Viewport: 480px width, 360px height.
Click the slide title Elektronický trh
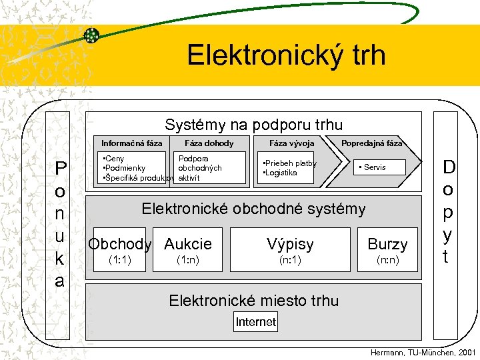pyautogui.click(x=286, y=55)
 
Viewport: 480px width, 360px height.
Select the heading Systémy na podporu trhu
pyautogui.click(x=253, y=125)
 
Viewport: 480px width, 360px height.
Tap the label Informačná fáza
pyautogui.click(x=131, y=143)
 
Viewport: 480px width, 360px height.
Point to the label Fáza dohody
pyautogui.click(x=209, y=143)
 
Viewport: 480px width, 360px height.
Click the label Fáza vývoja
pyautogui.click(x=291, y=143)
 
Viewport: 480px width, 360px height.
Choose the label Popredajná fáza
pyautogui.click(x=371, y=143)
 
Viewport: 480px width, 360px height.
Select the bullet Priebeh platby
pyautogui.click(x=289, y=163)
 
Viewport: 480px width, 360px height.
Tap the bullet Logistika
pyautogui.click(x=280, y=173)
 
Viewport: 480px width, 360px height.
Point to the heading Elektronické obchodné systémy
pyautogui.click(x=253, y=209)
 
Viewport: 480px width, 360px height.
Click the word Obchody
pyautogui.click(x=120, y=244)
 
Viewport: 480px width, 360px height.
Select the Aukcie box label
pyautogui.click(x=188, y=244)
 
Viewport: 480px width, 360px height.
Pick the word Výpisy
pyautogui.click(x=291, y=244)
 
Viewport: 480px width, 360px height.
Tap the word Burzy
pyautogui.click(x=387, y=244)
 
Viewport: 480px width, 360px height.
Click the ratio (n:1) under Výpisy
pyautogui.click(x=291, y=260)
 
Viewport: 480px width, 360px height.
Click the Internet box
pyautogui.click(x=255, y=322)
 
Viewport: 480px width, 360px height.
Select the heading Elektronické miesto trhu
pyautogui.click(x=253, y=301)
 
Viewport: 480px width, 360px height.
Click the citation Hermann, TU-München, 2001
pyautogui.click(x=423, y=352)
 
